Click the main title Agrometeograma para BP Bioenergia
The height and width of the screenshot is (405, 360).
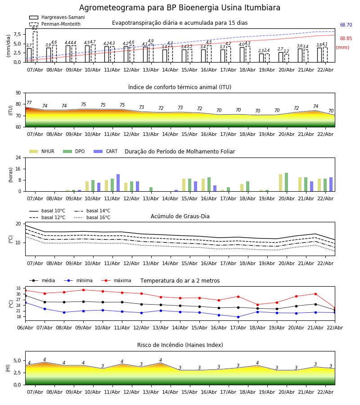click(180, 8)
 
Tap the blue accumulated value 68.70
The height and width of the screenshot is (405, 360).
click(346, 26)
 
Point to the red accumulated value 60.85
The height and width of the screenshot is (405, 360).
click(346, 39)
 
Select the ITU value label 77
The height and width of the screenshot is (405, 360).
click(29, 103)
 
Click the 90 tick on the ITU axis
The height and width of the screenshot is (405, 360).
click(18, 93)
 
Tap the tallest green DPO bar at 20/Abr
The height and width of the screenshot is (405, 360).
click(286, 182)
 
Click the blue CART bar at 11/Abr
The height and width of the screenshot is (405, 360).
click(118, 183)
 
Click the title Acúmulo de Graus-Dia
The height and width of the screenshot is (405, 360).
click(180, 216)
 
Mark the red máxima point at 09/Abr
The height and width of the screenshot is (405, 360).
click(83, 290)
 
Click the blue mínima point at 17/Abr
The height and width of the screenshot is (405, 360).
click(238, 317)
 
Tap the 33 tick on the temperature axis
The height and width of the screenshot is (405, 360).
click(18, 288)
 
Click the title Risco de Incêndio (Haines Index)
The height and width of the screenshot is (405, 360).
click(180, 345)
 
